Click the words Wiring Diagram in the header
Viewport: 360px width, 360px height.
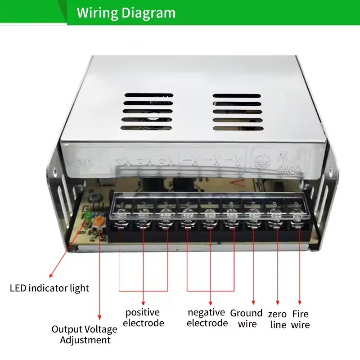tap(126, 13)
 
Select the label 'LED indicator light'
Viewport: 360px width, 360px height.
tap(49, 288)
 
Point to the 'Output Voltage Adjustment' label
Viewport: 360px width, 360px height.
tap(85, 335)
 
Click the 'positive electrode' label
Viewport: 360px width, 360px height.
tap(143, 318)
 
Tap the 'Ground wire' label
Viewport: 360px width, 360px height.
tap(246, 319)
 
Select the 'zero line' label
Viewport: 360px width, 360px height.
tap(278, 319)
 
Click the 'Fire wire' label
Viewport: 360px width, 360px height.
tap(300, 319)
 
